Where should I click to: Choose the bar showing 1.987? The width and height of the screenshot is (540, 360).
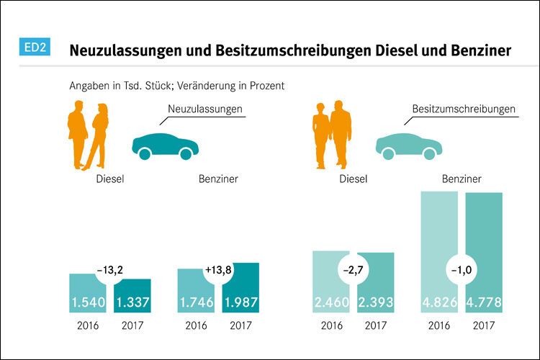coord(240,288)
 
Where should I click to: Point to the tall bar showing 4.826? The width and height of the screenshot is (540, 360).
coord(439,252)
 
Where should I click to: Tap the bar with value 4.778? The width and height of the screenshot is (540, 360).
coord(484,252)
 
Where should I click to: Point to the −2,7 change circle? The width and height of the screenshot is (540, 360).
coord(354,271)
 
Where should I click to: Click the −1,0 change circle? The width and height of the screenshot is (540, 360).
coord(462,271)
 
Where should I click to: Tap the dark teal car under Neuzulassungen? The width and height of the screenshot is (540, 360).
coord(165,143)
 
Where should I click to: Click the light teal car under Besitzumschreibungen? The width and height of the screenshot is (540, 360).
coord(408,143)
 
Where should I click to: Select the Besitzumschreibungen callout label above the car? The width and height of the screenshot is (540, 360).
coord(464,109)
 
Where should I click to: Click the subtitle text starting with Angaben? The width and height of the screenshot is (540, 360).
coord(177,85)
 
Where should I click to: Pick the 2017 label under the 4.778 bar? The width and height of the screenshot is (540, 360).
coord(484,325)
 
